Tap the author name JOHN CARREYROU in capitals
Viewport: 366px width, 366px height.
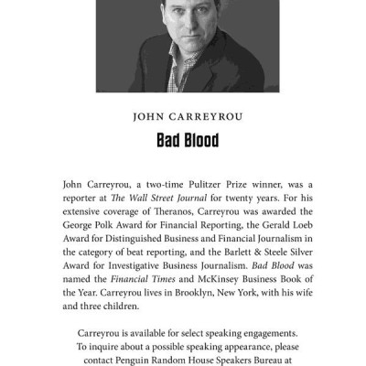click(182, 117)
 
